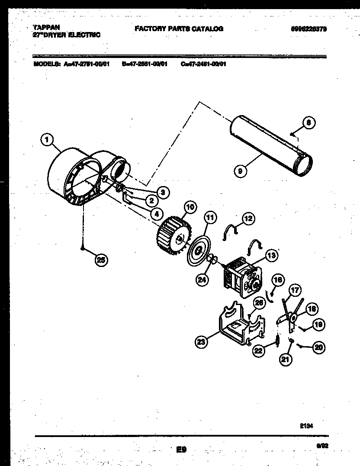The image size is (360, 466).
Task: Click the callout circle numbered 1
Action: pos(47,140)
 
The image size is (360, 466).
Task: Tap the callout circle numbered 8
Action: pos(308,123)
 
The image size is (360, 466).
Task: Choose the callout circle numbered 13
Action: pos(271,256)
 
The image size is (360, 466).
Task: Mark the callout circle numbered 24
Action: pos(202,280)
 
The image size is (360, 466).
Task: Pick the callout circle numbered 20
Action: pos(319,347)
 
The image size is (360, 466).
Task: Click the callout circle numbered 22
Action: pos(258,352)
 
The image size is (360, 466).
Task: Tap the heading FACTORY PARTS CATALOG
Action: pos(179,29)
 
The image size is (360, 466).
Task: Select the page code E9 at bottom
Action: pos(181,450)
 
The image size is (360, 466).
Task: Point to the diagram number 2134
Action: pos(306,425)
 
